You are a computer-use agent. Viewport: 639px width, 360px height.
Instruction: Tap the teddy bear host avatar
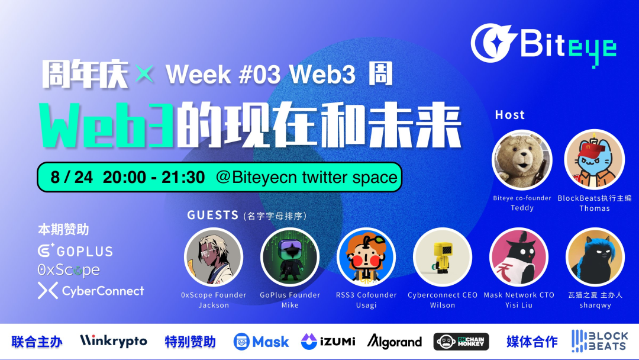(x=522, y=160)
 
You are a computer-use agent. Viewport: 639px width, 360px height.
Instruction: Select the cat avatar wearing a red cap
(x=594, y=160)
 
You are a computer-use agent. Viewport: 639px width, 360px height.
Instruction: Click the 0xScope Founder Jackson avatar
(x=214, y=257)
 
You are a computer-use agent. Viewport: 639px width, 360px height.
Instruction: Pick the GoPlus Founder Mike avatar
(x=290, y=257)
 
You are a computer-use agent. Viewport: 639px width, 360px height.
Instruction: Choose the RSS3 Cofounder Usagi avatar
(x=366, y=257)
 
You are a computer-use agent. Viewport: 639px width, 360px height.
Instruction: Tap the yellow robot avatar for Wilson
(x=443, y=257)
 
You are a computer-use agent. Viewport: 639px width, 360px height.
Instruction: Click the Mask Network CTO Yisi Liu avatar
(x=519, y=257)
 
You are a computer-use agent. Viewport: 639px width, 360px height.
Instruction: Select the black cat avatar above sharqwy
(x=595, y=257)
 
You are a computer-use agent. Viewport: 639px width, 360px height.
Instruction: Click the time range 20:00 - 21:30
(x=154, y=177)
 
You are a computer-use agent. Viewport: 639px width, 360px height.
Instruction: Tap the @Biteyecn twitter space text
(x=306, y=177)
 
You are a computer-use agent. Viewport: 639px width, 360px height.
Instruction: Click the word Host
(x=509, y=115)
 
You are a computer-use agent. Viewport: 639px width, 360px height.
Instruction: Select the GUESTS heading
(x=213, y=216)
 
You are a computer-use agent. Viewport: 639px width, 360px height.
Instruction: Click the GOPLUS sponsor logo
(x=75, y=251)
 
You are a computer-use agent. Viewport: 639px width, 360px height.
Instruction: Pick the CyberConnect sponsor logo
(x=91, y=291)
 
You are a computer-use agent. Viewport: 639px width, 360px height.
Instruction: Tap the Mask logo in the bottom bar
(x=261, y=342)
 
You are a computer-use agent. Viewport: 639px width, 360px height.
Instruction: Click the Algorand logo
(x=395, y=342)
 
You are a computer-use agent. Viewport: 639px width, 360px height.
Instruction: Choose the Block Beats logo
(x=600, y=342)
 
